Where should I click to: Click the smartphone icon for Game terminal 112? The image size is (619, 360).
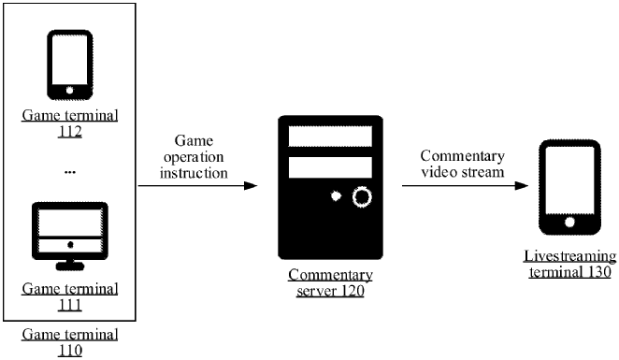(70, 65)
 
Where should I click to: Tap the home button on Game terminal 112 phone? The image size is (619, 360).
(70, 90)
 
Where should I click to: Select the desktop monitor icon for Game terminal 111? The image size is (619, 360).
(70, 232)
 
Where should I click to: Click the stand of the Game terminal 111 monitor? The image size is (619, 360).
(70, 266)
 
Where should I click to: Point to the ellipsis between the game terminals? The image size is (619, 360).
(70, 173)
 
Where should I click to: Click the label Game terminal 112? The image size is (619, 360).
(70, 124)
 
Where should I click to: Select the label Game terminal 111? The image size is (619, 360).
(70, 296)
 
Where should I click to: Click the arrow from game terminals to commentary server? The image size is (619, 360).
(197, 186)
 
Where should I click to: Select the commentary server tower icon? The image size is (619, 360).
(330, 187)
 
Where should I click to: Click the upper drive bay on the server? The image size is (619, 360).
(330, 136)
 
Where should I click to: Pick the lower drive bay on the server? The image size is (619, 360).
(330, 168)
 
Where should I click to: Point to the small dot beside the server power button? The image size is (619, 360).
(336, 197)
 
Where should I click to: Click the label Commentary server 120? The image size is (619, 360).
(330, 283)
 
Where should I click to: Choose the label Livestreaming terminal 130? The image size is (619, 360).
(569, 264)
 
